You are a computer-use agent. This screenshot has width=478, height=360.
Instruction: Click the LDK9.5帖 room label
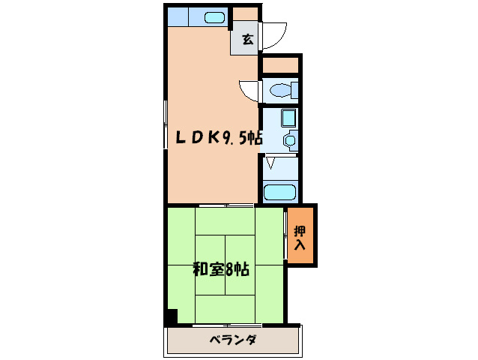[x=218, y=137]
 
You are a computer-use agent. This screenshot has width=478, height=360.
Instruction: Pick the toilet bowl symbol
[x=281, y=91]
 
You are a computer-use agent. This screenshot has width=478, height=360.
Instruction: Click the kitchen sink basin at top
[x=215, y=17]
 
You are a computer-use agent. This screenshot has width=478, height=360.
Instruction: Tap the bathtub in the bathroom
[x=280, y=190]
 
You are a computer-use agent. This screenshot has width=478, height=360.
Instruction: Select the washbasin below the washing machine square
[x=289, y=139]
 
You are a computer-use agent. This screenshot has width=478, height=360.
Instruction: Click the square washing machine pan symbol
[x=288, y=118]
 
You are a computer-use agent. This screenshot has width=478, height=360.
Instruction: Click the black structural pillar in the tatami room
[x=172, y=317]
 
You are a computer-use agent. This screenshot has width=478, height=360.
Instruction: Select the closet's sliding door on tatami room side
[x=285, y=235]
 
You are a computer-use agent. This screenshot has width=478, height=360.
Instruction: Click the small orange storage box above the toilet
[x=280, y=65]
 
